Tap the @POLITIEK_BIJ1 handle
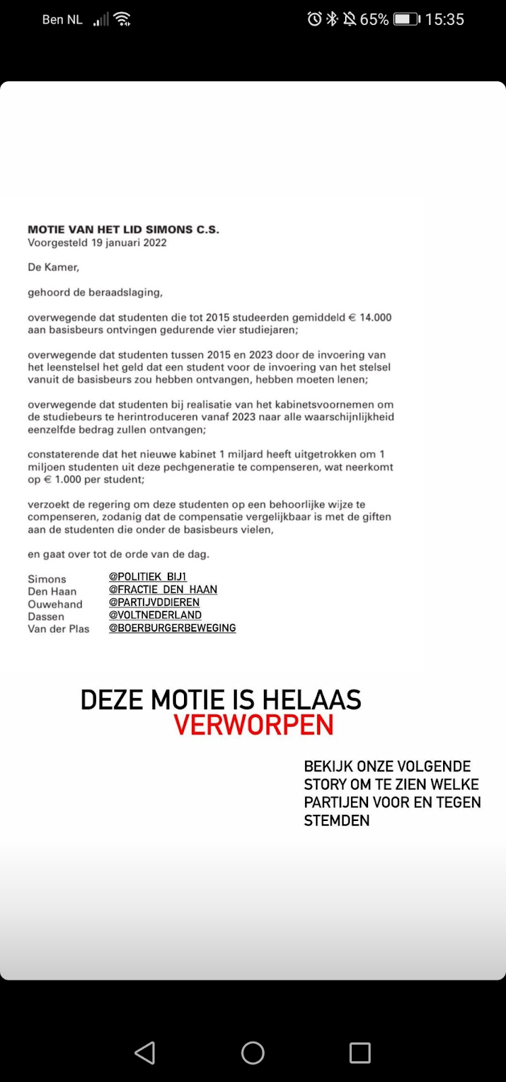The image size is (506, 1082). point(147,576)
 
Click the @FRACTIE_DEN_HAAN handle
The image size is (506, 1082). point(163,589)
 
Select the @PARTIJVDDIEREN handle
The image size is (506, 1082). point(154,602)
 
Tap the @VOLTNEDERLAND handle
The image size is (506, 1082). point(155,615)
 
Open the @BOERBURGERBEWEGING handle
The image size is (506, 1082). point(172,628)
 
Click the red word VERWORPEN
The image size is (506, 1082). point(254,725)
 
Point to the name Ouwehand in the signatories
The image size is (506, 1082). point(55,604)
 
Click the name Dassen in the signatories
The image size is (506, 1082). point(46,616)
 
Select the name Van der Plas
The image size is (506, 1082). point(58,629)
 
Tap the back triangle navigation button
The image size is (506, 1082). point(145,1052)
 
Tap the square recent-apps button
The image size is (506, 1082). point(360,1052)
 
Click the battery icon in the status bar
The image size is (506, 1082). point(406,19)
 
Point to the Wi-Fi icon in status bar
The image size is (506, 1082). point(122,19)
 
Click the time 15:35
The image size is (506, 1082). point(444,19)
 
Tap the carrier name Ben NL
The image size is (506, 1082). point(62,20)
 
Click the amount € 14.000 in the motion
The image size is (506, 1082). point(369,317)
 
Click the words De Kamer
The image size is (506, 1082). point(53,267)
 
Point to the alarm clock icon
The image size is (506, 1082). point(315,19)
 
